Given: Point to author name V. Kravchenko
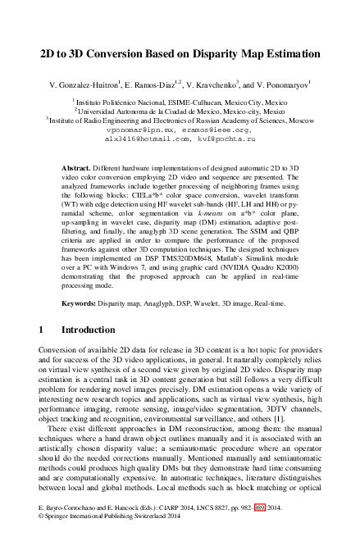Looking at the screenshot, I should coord(226,84).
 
